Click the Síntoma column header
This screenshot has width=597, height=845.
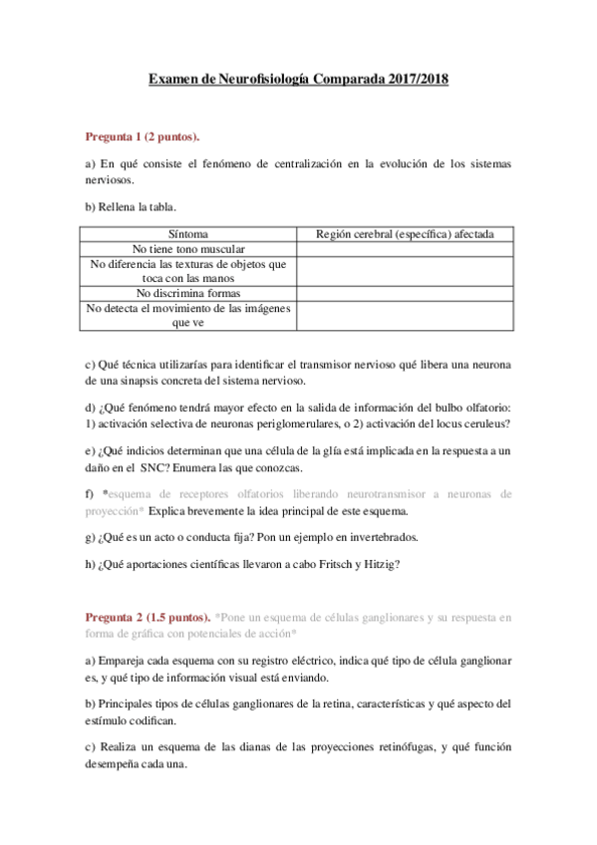pos(189,234)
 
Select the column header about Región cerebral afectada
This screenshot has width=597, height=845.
pos(406,234)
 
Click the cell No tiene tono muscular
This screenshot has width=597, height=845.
pos(189,249)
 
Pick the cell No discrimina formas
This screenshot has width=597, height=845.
pos(189,293)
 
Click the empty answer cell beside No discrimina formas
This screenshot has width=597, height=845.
pos(406,293)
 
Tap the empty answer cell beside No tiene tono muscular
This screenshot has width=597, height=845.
pos(406,249)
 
